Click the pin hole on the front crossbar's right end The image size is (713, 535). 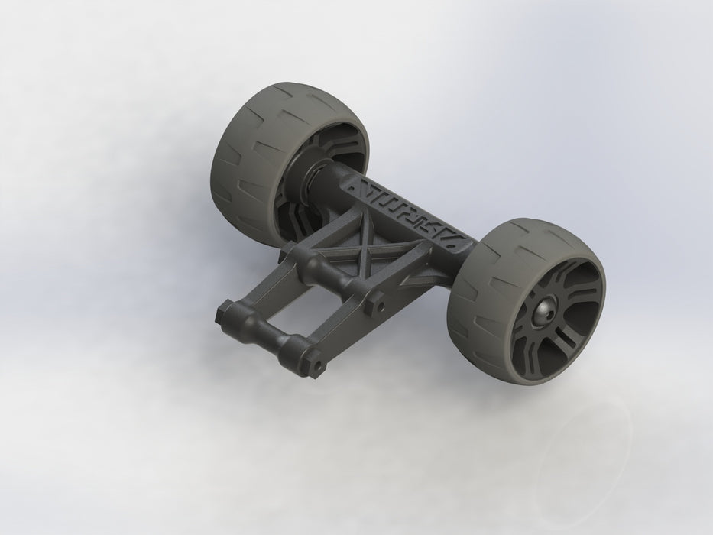click(x=313, y=365)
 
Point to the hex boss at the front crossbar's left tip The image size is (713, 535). click(x=223, y=313)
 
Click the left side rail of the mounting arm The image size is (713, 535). click(x=252, y=283)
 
